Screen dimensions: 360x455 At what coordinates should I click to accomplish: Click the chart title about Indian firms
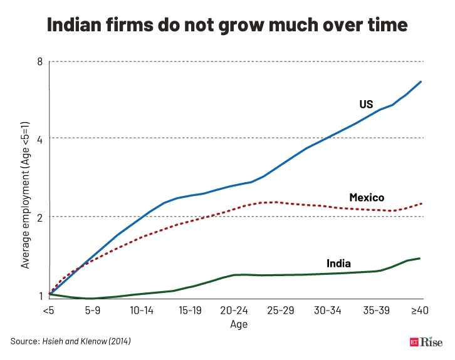pos(227,25)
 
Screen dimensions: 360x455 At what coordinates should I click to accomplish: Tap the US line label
pos(366,104)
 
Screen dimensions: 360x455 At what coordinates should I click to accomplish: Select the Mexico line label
pos(367,198)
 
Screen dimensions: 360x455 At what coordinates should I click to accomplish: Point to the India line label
pos(338,263)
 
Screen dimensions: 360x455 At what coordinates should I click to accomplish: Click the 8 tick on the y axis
pos(39,61)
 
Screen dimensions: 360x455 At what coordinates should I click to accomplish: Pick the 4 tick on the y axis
pos(39,138)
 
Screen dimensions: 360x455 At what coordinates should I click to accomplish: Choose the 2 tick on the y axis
pos(39,217)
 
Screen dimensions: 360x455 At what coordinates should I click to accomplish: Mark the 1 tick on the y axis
pos(39,296)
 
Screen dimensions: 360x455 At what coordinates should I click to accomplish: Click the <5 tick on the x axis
pos(48,311)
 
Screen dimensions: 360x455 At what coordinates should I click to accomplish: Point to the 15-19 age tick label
pos(189,311)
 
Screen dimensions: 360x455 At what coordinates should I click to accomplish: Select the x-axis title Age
pos(239,324)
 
